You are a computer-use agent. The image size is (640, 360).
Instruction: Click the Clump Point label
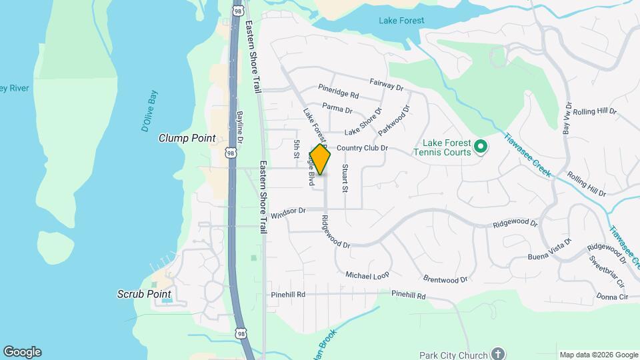[x=187, y=138]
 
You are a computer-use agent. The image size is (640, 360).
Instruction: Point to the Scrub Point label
[x=144, y=294]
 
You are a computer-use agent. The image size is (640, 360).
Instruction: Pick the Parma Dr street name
[x=337, y=109]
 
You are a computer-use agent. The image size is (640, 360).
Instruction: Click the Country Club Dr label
[x=362, y=148]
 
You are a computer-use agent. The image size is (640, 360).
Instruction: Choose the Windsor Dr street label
[x=288, y=210]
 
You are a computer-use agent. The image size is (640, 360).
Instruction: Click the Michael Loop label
[x=367, y=275]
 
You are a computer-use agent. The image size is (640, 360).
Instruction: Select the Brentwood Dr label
[x=445, y=279]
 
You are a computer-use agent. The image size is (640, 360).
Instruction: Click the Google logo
[x=22, y=352]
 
